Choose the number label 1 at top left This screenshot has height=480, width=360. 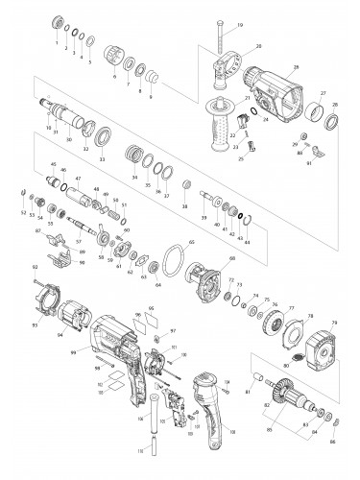(x=57, y=44)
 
